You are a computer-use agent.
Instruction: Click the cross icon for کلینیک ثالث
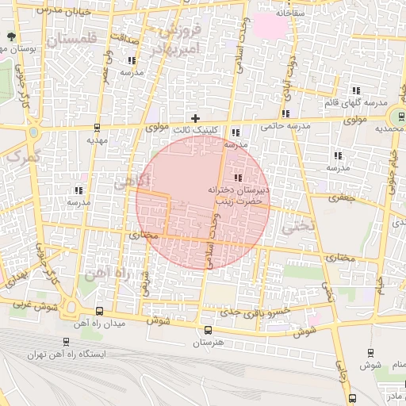tap(195, 118)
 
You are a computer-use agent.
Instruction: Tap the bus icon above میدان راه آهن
tap(99, 312)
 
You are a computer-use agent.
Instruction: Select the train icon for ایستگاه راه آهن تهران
tap(63, 343)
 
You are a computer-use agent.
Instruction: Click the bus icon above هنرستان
tap(208, 330)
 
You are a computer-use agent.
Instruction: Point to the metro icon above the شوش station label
tap(370, 353)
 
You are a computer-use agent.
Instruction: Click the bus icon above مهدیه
tap(97, 127)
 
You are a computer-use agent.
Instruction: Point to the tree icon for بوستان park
tap(10, 36)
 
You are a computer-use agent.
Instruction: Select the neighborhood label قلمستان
tap(71, 39)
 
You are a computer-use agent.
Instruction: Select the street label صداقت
tap(125, 36)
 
